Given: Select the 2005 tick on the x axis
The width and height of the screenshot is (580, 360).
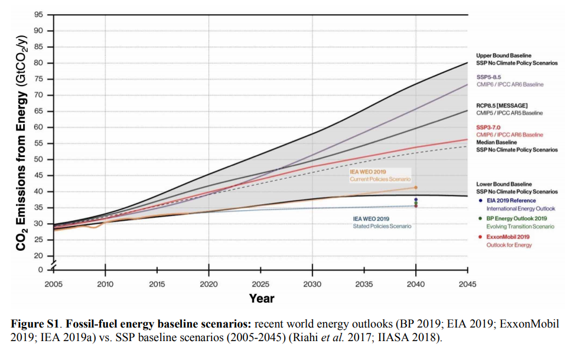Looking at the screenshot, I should pyautogui.click(x=54, y=283).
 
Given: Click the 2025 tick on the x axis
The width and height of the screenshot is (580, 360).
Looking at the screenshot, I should pyautogui.click(x=260, y=283).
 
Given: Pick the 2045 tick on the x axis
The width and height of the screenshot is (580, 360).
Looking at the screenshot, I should pyautogui.click(x=467, y=283).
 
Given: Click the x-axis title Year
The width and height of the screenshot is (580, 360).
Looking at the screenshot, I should pyautogui.click(x=261, y=298).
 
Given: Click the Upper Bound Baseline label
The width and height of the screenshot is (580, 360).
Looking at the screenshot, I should pyautogui.click(x=504, y=55).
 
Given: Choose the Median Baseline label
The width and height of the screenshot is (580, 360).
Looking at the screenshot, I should pyautogui.click(x=496, y=142).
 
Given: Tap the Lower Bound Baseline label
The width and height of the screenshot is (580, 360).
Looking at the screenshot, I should pyautogui.click(x=504, y=184).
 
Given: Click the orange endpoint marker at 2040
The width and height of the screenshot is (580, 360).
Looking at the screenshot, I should pyautogui.click(x=416, y=188).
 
